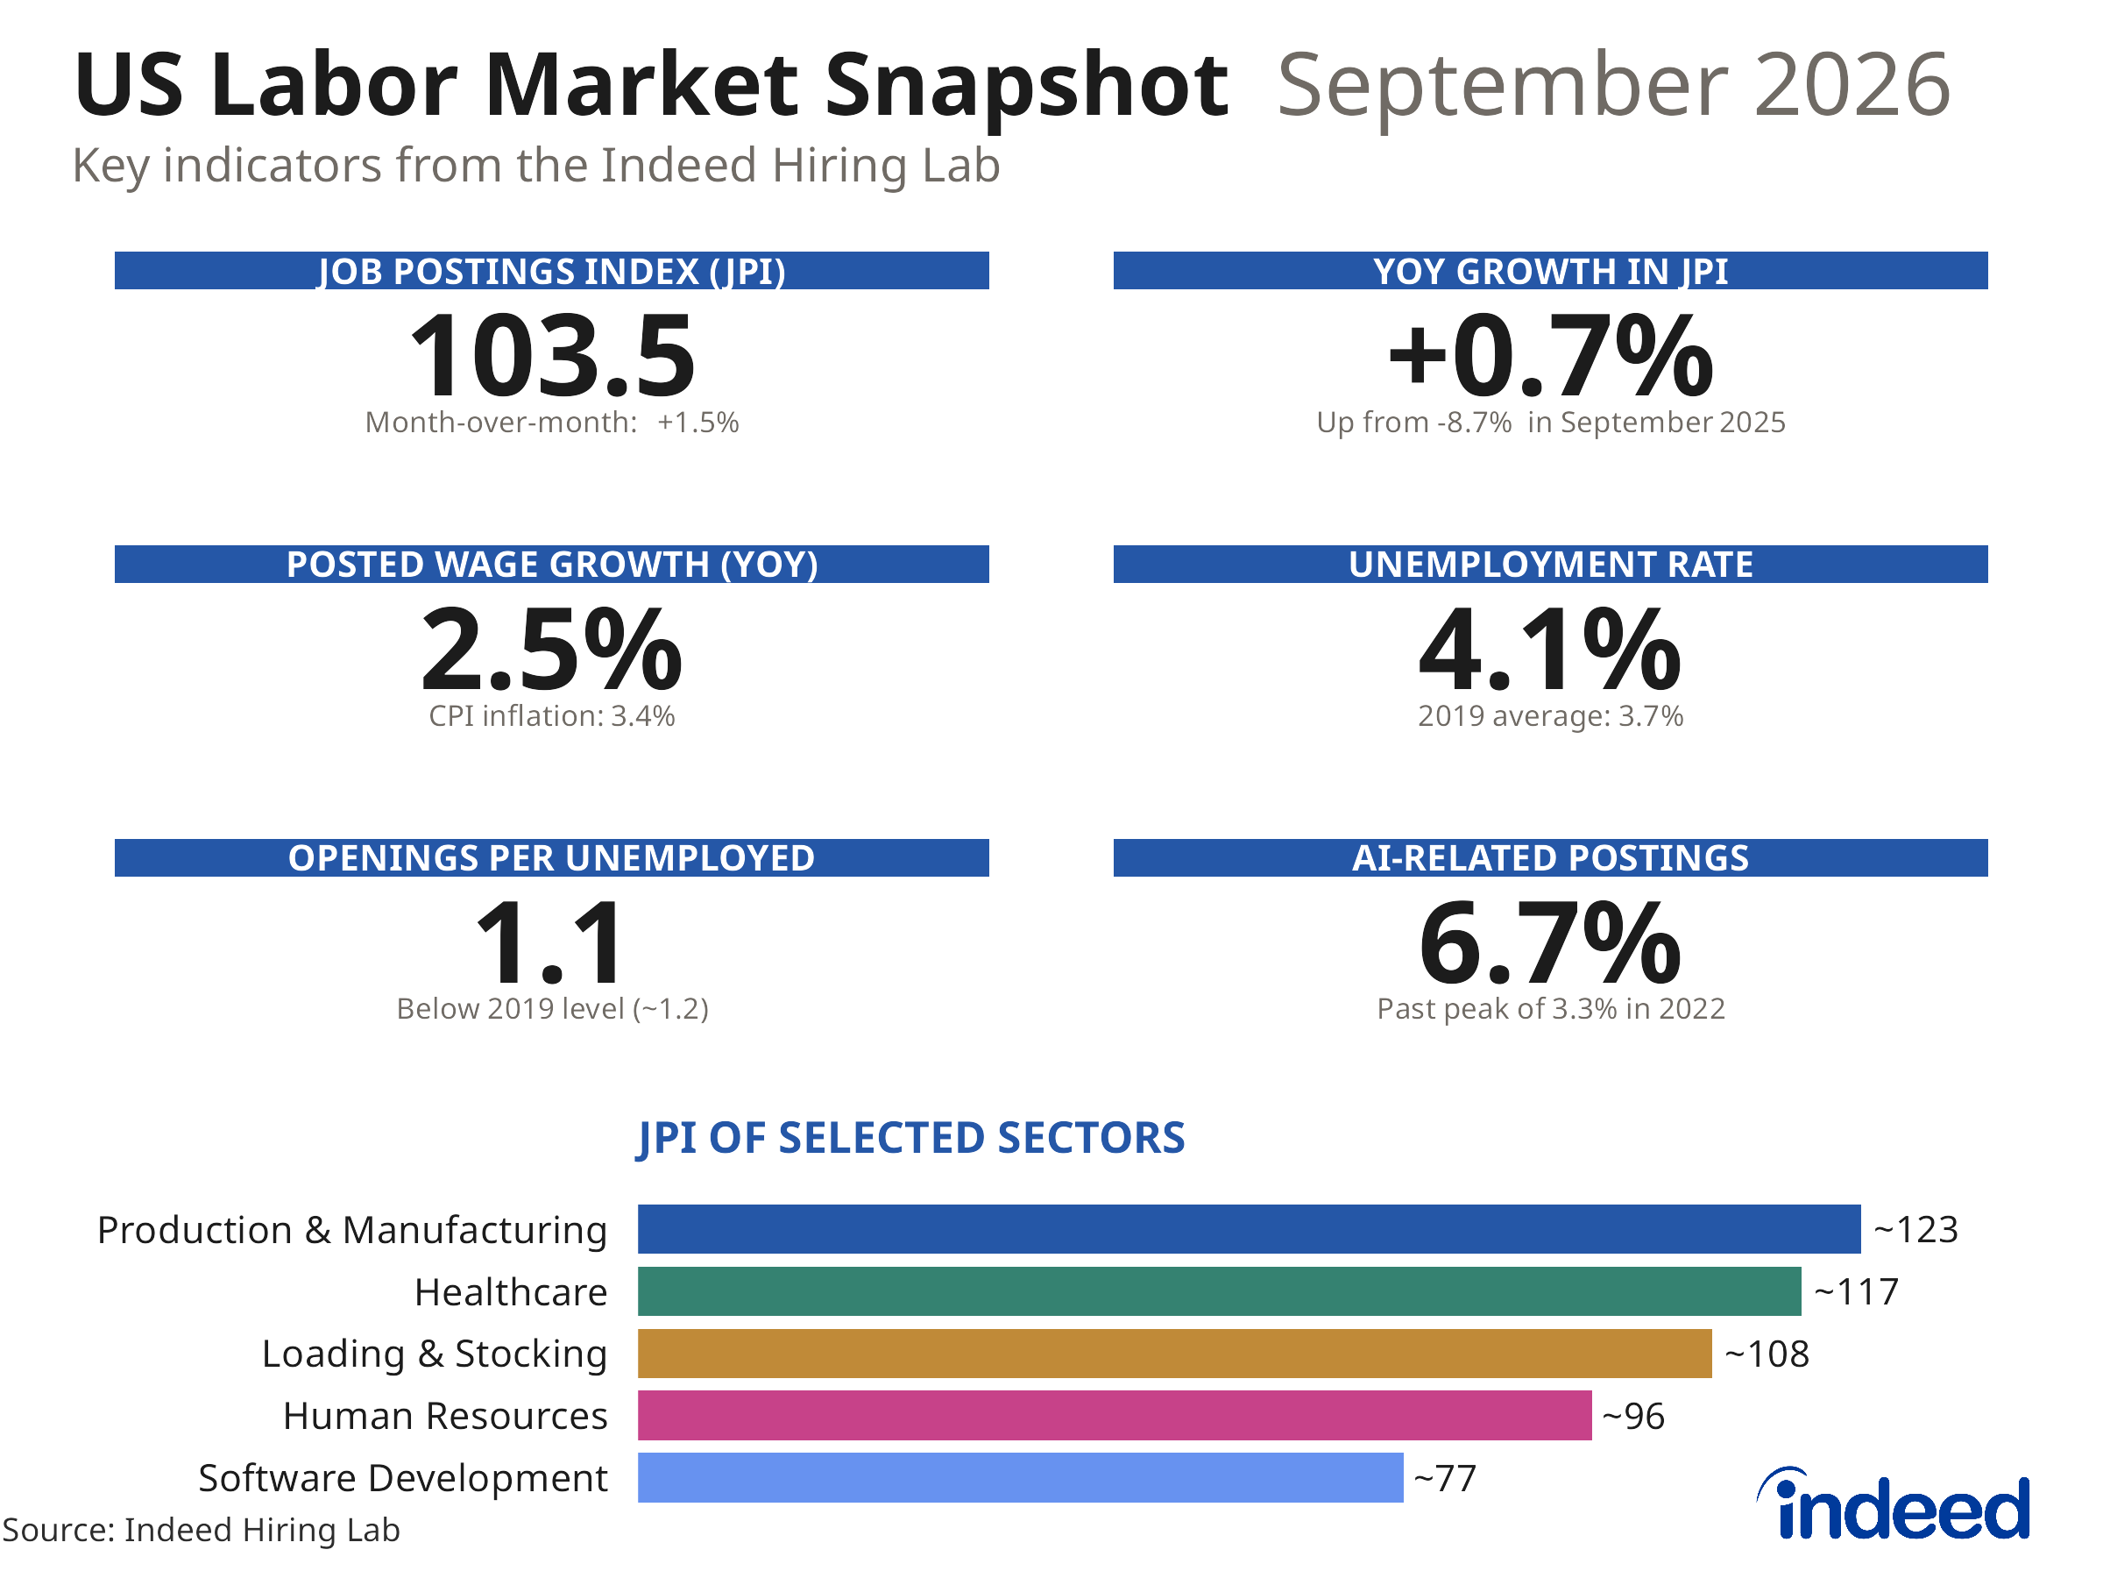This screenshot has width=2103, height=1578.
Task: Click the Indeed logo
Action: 1894,1503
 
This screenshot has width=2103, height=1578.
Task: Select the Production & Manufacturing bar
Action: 1250,1229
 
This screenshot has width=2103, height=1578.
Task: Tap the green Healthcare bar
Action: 1220,1290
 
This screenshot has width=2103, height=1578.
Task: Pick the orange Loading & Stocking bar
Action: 1175,1354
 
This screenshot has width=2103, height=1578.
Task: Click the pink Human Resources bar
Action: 1115,1415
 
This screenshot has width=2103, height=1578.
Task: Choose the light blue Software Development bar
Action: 1021,1477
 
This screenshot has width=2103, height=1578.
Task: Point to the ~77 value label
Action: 1445,1478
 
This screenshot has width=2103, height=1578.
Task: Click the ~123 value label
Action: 1915,1230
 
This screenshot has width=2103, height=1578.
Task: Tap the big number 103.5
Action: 552,356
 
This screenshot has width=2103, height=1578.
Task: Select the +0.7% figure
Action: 1551,356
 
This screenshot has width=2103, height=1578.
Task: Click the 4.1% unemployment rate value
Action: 1551,650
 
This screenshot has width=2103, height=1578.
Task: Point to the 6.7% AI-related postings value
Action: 1551,942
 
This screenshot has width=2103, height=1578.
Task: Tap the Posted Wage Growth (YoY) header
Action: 552,564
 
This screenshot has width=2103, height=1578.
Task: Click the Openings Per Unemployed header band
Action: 552,857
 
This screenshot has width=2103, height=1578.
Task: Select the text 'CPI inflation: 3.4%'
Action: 552,715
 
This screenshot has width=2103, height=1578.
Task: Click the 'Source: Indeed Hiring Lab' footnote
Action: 202,1530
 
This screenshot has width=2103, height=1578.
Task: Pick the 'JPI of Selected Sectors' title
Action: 910,1139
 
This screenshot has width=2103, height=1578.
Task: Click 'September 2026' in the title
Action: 1614,86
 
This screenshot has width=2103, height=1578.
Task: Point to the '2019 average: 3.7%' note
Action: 1551,715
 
